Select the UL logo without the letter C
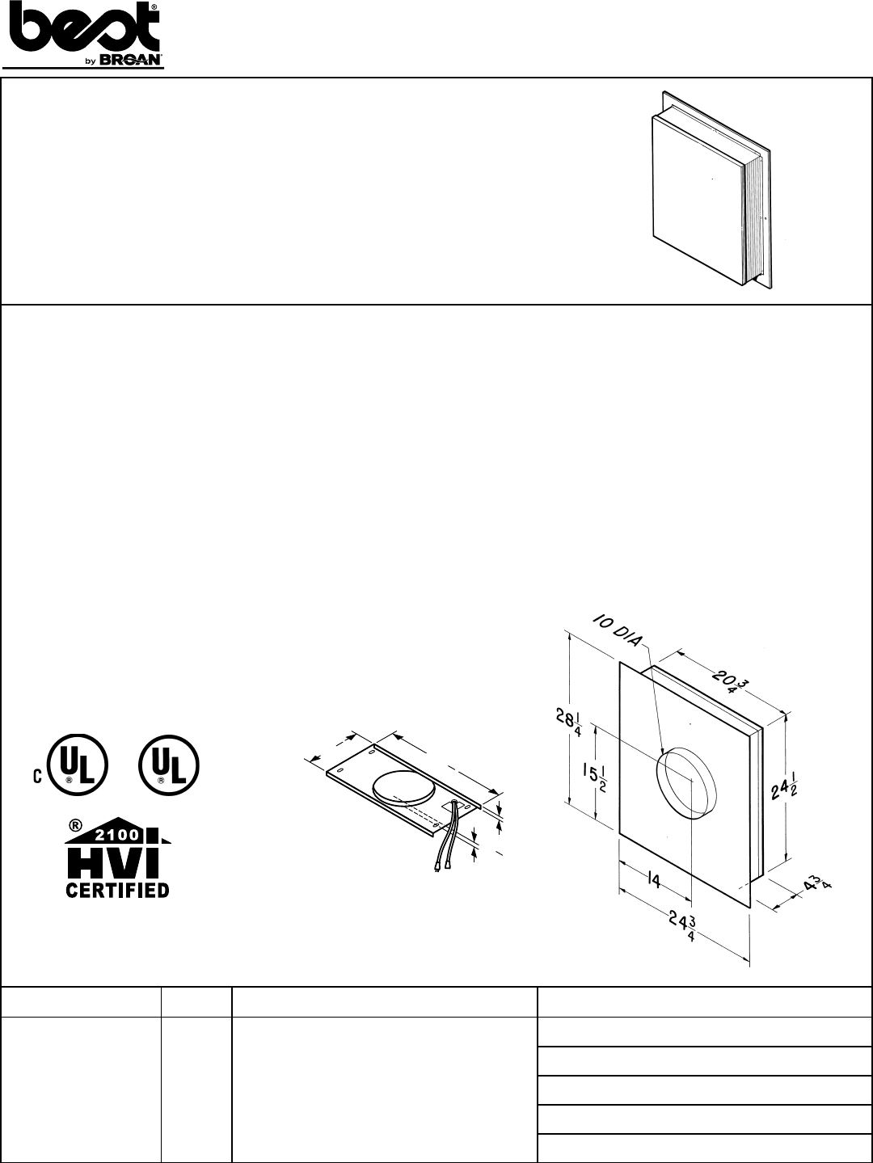click(168, 765)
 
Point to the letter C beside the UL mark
click(37, 777)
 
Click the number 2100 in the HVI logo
click(116, 834)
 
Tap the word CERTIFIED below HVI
click(117, 890)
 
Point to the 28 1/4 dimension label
click(563, 718)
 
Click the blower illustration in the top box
click(711, 194)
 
